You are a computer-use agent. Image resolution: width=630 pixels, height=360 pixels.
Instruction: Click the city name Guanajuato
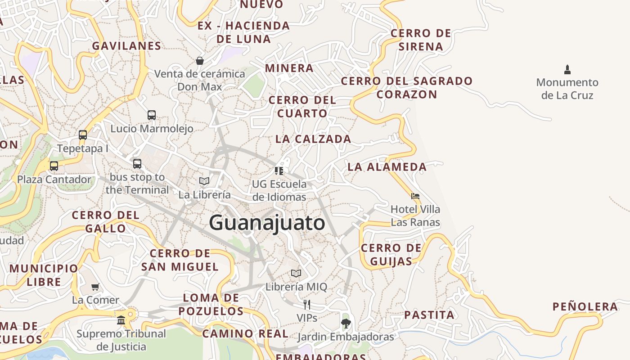click(267, 223)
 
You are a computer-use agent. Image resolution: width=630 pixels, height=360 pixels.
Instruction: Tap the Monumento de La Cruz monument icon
click(567, 70)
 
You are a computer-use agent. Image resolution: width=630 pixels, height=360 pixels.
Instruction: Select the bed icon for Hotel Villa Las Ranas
click(415, 196)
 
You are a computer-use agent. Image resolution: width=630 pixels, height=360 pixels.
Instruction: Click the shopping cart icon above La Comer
click(95, 287)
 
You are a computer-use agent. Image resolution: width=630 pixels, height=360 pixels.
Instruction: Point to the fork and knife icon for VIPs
click(307, 305)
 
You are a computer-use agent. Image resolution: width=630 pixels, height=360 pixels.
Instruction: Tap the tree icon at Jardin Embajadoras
click(346, 323)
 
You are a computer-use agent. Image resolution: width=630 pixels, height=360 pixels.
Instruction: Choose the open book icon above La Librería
click(204, 181)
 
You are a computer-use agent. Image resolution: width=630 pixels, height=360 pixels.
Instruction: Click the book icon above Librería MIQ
click(296, 273)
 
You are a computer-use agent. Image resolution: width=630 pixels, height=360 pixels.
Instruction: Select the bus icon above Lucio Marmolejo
click(152, 115)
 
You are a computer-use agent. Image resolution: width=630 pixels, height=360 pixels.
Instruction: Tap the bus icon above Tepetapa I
click(82, 135)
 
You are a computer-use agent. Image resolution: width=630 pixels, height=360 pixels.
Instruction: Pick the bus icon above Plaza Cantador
click(54, 166)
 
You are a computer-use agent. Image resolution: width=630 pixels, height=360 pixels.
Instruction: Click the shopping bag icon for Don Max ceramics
click(200, 60)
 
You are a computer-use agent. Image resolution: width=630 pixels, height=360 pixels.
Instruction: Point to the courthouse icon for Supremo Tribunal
click(121, 320)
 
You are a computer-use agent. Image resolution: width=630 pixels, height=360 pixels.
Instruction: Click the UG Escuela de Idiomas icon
click(279, 171)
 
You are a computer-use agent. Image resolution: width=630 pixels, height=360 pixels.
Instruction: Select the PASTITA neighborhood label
click(429, 315)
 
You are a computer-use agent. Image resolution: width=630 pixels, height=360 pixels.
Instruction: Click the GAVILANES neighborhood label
click(126, 46)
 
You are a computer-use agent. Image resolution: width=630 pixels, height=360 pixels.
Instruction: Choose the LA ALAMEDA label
click(387, 167)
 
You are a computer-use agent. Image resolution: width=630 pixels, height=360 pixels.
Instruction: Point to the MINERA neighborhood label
click(289, 68)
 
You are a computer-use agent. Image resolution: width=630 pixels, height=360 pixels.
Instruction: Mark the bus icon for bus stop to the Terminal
click(137, 164)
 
